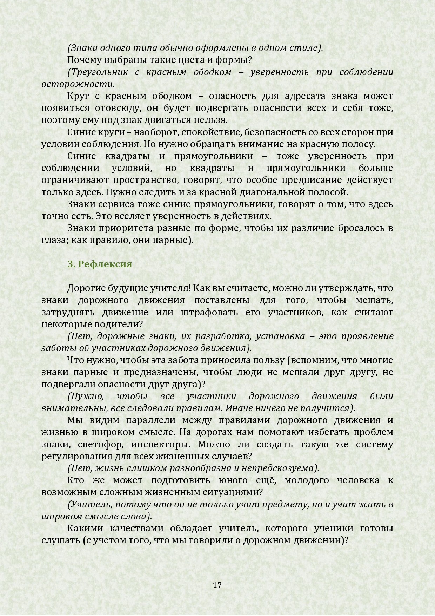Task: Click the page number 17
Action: (x=217, y=585)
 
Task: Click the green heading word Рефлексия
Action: (x=105, y=264)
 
